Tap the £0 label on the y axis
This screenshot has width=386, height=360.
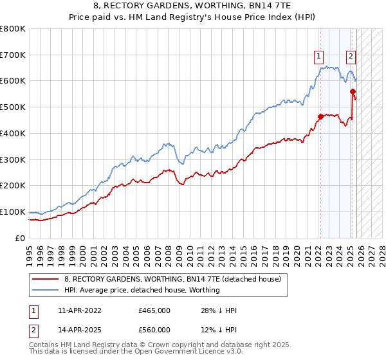coord(21,238)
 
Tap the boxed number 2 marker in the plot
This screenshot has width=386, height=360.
coord(351,56)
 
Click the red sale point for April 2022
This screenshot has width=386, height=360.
coord(320,116)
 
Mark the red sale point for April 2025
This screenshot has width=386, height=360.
coord(353,92)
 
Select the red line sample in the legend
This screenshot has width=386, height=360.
coord(46,279)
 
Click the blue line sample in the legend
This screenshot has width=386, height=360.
coord(46,290)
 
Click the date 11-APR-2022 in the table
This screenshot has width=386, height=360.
coord(80,310)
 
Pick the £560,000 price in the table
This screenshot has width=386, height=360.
coord(154,330)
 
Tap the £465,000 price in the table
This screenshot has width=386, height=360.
coord(154,310)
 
